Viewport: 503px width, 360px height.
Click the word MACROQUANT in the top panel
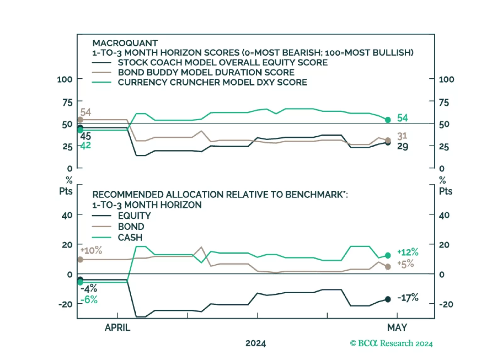pos(125,43)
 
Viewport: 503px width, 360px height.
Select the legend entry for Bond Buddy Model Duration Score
pos(206,72)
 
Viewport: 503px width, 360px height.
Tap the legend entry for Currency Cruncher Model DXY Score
pos(212,82)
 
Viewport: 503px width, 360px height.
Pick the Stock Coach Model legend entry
pos(223,62)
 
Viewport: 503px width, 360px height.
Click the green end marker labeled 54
pos(388,120)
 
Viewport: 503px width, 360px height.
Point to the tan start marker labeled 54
pos(80,120)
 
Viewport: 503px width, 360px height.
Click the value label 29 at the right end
pos(403,146)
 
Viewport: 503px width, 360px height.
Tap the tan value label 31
pos(402,136)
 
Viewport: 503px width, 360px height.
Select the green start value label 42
pos(86,145)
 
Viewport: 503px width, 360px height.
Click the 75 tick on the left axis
pos(67,102)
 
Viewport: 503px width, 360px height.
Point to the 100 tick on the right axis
pos(446,79)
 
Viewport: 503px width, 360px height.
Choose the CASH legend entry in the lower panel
pos(130,237)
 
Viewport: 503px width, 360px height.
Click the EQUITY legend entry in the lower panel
pos(134,216)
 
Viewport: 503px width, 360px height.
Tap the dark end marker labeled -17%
pos(388,299)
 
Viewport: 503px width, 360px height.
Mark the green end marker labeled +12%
pos(388,256)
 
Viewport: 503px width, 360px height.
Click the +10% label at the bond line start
pos(91,250)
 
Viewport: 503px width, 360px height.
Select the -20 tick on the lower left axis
pos(65,304)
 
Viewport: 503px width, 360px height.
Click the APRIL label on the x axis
pos(117,328)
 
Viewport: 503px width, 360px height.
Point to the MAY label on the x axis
pos(397,328)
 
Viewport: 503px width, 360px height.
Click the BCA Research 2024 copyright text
pos(391,343)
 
